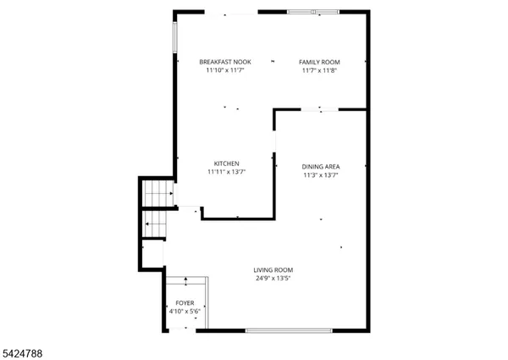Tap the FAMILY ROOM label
coord(319,62)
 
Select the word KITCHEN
coord(226,163)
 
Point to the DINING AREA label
coord(321,167)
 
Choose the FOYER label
coord(185,302)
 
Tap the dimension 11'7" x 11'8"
coord(319,70)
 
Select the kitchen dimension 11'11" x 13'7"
coord(226,172)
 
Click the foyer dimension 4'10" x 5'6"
coord(185,311)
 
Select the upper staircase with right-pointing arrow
coord(157,194)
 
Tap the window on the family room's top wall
coord(312,12)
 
